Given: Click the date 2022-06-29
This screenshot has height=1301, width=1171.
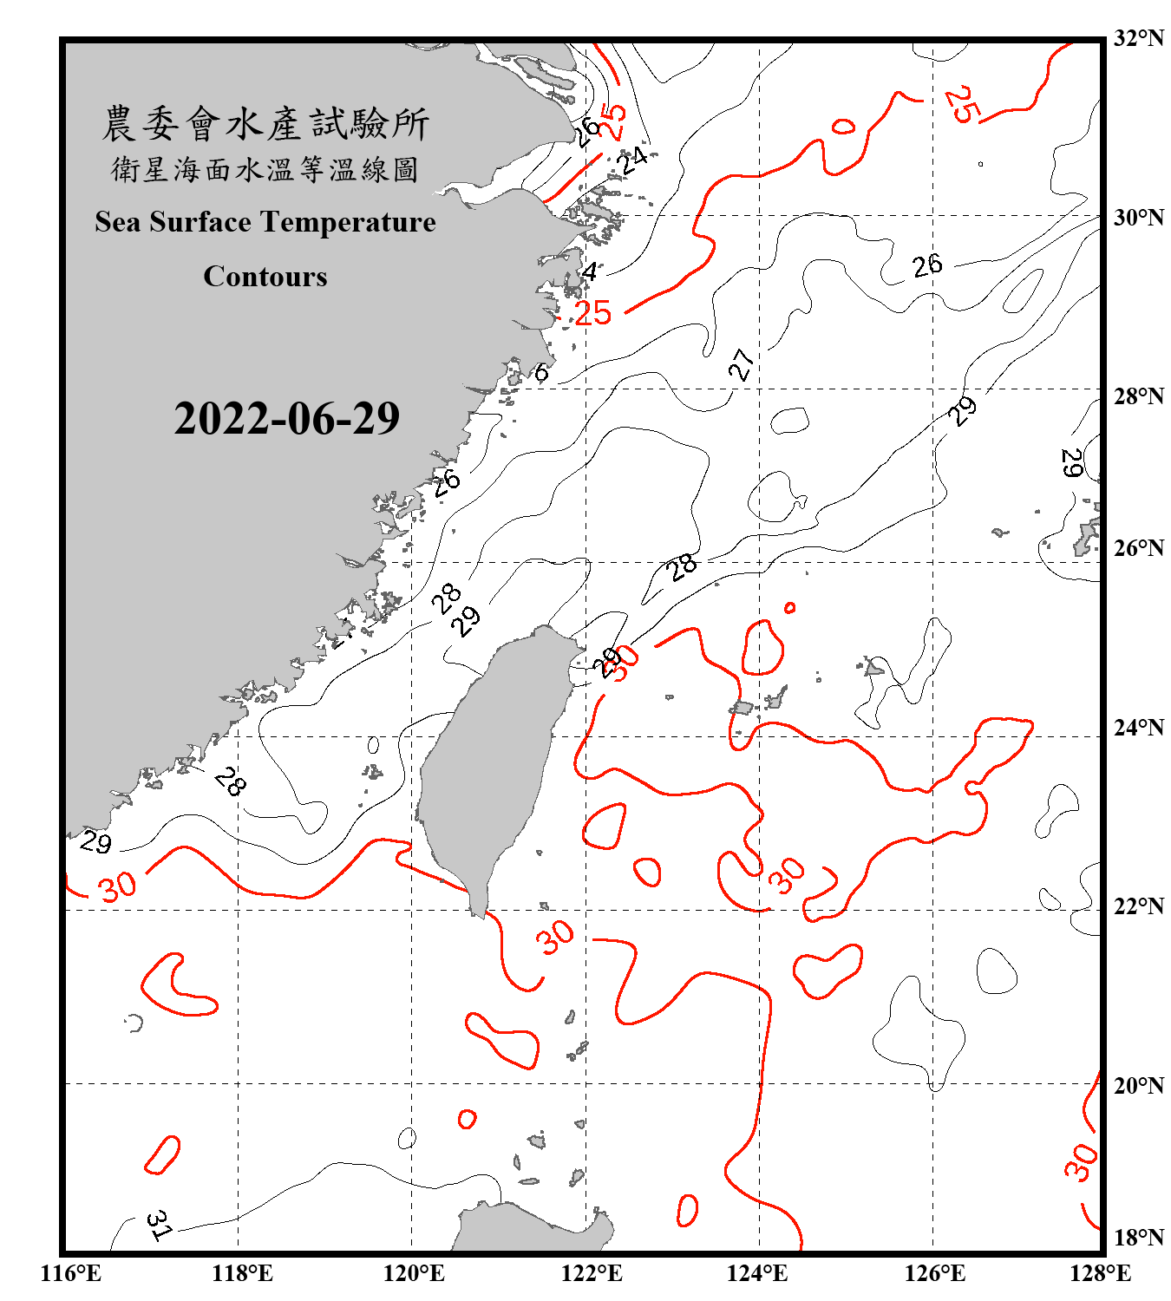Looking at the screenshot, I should [x=286, y=418].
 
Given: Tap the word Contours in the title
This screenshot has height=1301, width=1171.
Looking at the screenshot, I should [x=265, y=277].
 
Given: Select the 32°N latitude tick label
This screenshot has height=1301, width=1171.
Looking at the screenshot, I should [x=1138, y=38].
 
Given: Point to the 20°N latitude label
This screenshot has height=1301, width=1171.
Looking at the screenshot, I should [x=1138, y=1085].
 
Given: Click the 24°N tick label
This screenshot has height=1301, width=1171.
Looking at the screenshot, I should [x=1138, y=727].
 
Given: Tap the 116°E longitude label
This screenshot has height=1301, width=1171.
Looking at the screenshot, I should [x=70, y=1273].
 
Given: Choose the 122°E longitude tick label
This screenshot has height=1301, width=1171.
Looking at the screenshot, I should [x=592, y=1273].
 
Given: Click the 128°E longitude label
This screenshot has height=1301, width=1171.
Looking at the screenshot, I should [x=1100, y=1273].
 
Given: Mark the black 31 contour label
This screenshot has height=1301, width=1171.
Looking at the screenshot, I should [x=159, y=1225].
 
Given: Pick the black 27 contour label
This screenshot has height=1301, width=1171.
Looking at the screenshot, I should [x=741, y=364].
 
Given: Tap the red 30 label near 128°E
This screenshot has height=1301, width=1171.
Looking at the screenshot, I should [x=1081, y=1162].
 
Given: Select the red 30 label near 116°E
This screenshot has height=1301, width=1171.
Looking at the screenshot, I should [x=117, y=886].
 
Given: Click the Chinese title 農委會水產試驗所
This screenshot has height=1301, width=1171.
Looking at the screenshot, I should [x=265, y=123].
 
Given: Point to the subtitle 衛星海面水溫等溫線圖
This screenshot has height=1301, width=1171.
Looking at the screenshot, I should [x=265, y=169].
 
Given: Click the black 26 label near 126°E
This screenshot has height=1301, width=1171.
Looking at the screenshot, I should [x=927, y=265].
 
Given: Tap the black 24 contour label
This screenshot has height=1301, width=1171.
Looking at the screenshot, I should [x=632, y=160].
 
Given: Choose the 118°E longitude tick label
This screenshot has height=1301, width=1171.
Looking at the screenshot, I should [x=242, y=1273].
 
